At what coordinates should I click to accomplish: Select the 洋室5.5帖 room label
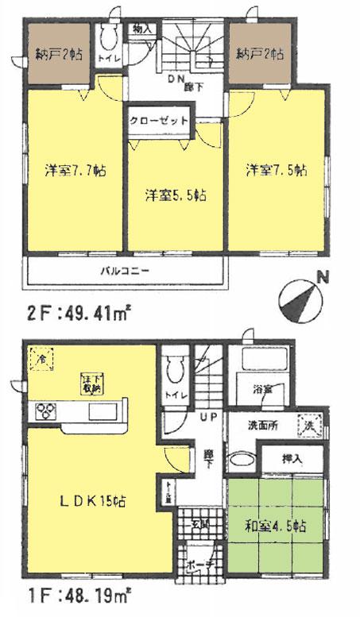click(176, 194)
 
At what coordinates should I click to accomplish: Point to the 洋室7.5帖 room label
click(277, 169)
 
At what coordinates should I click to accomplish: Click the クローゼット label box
click(161, 121)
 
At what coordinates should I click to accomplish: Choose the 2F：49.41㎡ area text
click(68, 314)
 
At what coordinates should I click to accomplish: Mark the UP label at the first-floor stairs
click(207, 417)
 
